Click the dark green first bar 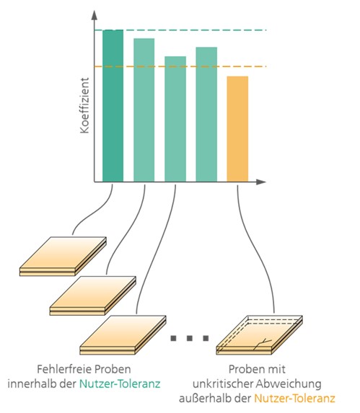(x=113, y=106)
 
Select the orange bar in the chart (x=237, y=129)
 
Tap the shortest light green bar (x=175, y=119)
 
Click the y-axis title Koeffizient (x=84, y=105)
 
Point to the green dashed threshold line (x=180, y=30)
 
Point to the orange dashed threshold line (x=180, y=66)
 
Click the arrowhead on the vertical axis (x=95, y=15)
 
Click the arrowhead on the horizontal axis (x=260, y=182)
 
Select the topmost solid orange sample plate (x=63, y=257)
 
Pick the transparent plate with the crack (x=259, y=335)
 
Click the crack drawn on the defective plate (x=262, y=345)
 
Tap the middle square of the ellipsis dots (x=189, y=338)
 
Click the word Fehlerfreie (x=63, y=369)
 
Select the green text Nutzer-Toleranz (x=120, y=383)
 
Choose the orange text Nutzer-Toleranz (x=294, y=399)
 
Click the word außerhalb (x=201, y=399)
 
